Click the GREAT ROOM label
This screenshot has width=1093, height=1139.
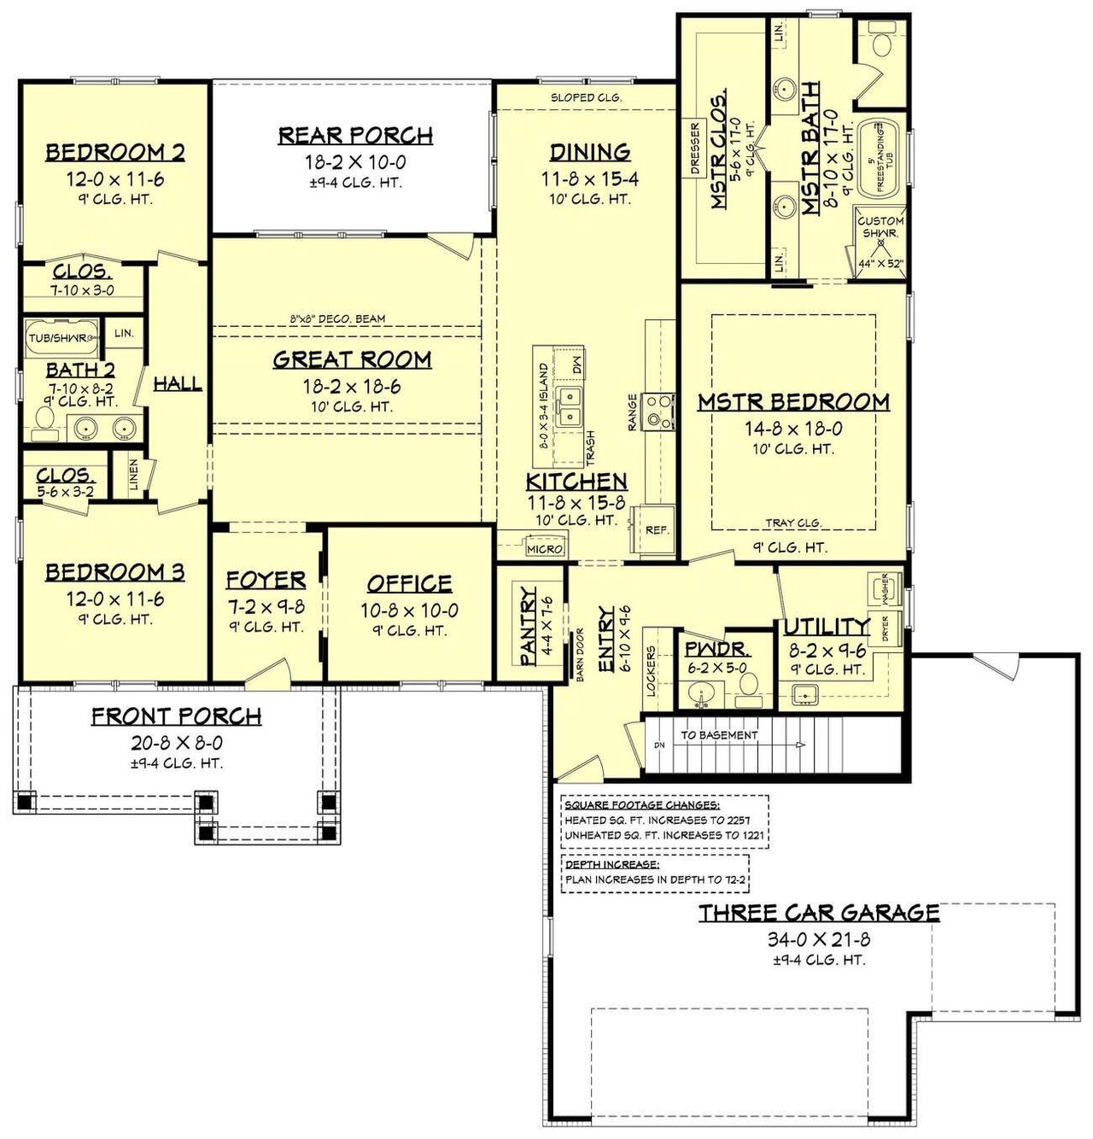[x=352, y=360]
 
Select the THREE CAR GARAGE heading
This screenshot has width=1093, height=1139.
[x=819, y=913]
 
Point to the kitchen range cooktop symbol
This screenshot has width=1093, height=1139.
[x=659, y=410]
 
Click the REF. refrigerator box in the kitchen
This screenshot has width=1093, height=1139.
[x=656, y=529]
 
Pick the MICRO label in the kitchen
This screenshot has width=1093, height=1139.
[x=545, y=549]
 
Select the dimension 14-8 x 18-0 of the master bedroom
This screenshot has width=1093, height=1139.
[x=793, y=429]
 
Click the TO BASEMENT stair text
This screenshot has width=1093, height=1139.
[x=719, y=734]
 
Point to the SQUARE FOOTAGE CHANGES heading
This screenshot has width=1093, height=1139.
[x=641, y=805]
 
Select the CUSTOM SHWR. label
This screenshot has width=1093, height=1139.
[x=880, y=226]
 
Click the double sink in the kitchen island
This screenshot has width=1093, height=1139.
[x=570, y=406]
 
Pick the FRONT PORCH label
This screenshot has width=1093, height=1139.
[x=176, y=716]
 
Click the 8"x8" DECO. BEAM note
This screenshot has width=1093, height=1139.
[x=337, y=318]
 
